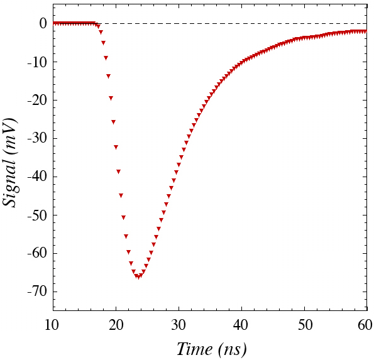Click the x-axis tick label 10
pos(52,325)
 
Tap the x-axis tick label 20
pos(116,325)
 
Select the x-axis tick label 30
pos(179,325)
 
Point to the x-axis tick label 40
pos(241,325)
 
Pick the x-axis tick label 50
pos(305,325)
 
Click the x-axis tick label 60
pos(365,325)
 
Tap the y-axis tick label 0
pos(43,23)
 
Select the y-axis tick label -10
pos(37,62)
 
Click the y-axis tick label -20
pos(37,100)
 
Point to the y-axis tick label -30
pos(37,138)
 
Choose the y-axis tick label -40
pos(37,177)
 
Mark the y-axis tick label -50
pos(37,215)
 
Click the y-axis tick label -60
pos(37,253)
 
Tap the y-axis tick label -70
pos(37,292)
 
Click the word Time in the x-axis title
pos(195,349)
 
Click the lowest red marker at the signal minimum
pos(138,277)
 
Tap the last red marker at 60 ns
pos(365,31)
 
